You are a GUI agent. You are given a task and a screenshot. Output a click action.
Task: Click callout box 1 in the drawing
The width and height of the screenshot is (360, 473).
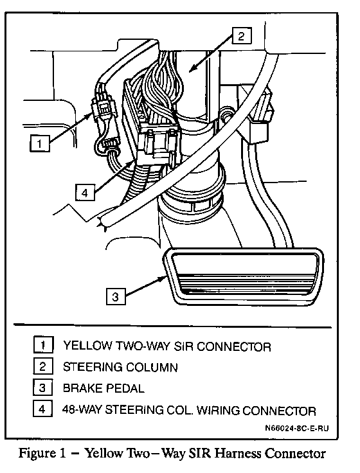click(39, 143)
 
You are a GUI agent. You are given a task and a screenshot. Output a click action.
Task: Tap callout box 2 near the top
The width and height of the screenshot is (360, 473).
click(242, 36)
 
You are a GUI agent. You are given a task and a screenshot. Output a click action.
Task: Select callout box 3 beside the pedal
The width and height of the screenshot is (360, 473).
click(116, 296)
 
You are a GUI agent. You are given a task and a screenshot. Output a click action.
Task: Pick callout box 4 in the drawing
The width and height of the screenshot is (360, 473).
click(85, 193)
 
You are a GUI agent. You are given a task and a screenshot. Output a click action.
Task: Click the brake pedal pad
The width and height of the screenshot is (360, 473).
click(244, 276)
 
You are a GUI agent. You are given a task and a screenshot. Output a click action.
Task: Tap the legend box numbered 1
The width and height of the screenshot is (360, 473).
click(43, 345)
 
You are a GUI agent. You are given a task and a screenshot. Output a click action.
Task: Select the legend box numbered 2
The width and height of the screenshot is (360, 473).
click(43, 366)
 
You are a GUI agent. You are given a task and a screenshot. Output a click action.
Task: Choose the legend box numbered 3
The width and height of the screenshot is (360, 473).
click(42, 388)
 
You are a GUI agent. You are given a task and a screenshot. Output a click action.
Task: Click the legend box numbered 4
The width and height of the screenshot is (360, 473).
click(42, 409)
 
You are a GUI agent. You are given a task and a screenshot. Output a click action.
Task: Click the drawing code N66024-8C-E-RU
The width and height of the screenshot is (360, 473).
click(296, 429)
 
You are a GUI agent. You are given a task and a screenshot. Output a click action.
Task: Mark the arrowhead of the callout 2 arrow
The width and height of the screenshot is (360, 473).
click(192, 68)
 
